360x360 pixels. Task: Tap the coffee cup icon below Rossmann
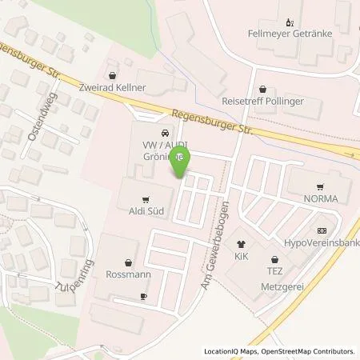(x=143, y=296)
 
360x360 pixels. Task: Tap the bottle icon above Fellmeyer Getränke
(x=289, y=22)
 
